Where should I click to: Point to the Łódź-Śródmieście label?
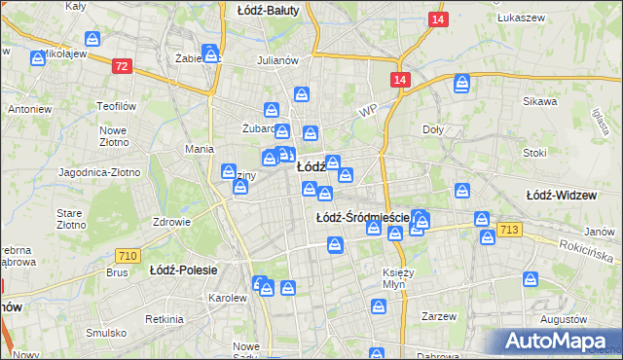362,218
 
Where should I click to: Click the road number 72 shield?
121,66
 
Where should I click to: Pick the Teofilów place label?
113,105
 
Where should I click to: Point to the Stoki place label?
534,153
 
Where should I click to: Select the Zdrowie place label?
171,221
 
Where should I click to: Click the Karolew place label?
229,297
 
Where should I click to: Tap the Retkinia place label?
164,319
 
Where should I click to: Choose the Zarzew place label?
439,317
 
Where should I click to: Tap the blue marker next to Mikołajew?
37,59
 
